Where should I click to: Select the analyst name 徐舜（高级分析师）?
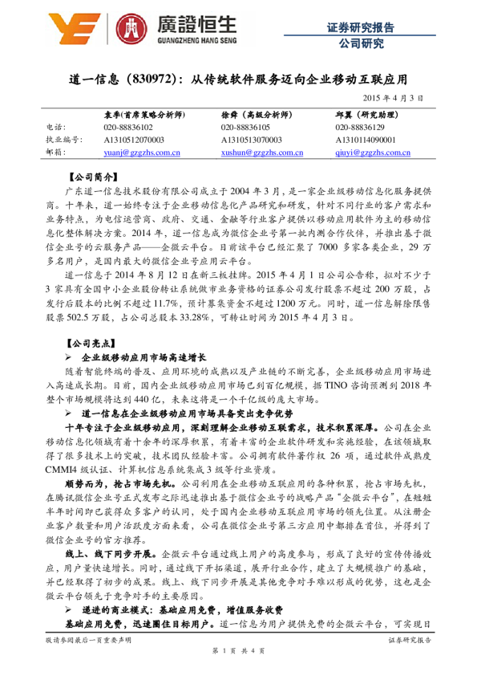(257, 114)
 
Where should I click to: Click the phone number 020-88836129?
(362, 126)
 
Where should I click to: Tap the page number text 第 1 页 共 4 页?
(238, 649)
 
